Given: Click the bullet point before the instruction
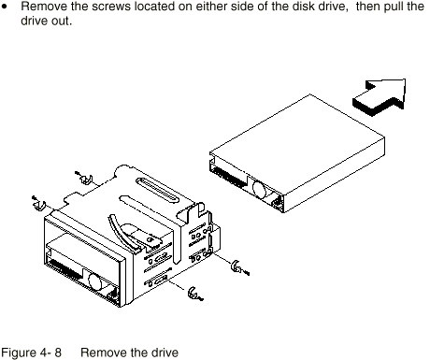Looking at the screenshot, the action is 4,7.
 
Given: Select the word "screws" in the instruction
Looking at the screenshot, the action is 111,7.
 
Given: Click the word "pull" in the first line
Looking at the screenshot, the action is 394,7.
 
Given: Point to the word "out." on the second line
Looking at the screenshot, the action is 61,21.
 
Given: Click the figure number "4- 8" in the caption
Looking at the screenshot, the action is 50,353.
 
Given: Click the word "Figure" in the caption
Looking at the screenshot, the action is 19,353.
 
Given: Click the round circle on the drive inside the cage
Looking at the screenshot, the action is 95,281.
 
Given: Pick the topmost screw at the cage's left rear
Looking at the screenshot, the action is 84,178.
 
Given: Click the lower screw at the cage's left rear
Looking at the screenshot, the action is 39,203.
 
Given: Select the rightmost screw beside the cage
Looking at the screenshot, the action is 239,267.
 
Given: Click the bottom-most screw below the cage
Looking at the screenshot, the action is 195,294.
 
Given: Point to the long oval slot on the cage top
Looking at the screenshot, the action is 157,190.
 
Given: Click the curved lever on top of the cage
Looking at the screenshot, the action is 122,232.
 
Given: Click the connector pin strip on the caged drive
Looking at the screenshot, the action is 64,268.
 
